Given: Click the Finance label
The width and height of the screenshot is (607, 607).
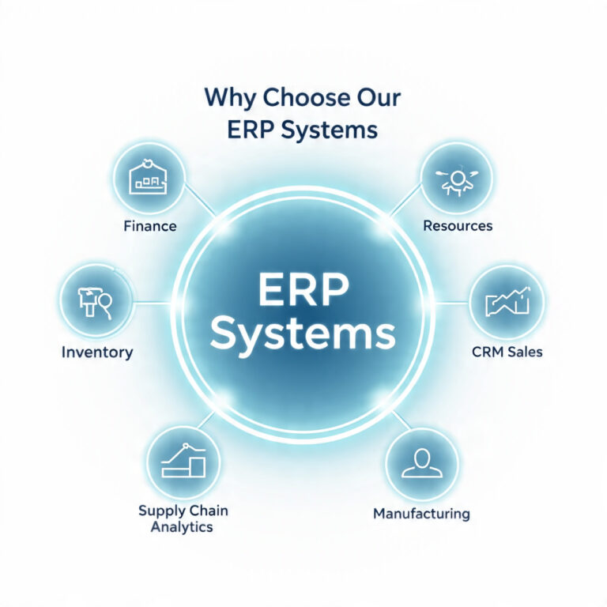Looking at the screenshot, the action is [x=150, y=226].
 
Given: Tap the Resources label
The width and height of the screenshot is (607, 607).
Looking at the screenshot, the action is [x=458, y=225].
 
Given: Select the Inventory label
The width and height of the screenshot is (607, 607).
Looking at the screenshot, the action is [x=97, y=353].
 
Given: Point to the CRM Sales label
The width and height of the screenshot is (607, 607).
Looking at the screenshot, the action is [x=507, y=352].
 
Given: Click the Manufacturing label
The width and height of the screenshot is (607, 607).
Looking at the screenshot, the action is [x=421, y=513].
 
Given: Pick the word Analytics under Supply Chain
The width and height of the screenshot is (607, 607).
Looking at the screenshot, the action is [x=182, y=527].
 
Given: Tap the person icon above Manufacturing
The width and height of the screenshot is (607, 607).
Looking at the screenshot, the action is [x=422, y=463].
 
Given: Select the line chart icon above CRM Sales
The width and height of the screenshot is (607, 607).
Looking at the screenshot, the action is [x=507, y=302].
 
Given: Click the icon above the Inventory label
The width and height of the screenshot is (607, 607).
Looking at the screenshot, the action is [x=95, y=303].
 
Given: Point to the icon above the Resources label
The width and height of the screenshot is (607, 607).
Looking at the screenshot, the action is [x=457, y=182].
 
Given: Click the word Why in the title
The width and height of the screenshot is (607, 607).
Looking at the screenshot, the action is [x=229, y=98].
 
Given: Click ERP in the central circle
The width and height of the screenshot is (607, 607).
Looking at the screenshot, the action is [x=303, y=289].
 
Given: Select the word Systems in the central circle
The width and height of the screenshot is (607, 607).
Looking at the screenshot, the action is [x=303, y=335].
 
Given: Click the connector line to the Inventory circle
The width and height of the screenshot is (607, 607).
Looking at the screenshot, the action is [x=153, y=303].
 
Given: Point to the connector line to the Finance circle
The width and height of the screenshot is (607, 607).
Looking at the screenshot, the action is [x=200, y=200].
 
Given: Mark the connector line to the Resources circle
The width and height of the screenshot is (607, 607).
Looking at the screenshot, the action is [x=405, y=200].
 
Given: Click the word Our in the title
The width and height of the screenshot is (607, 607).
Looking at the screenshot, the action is [x=379, y=97].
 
